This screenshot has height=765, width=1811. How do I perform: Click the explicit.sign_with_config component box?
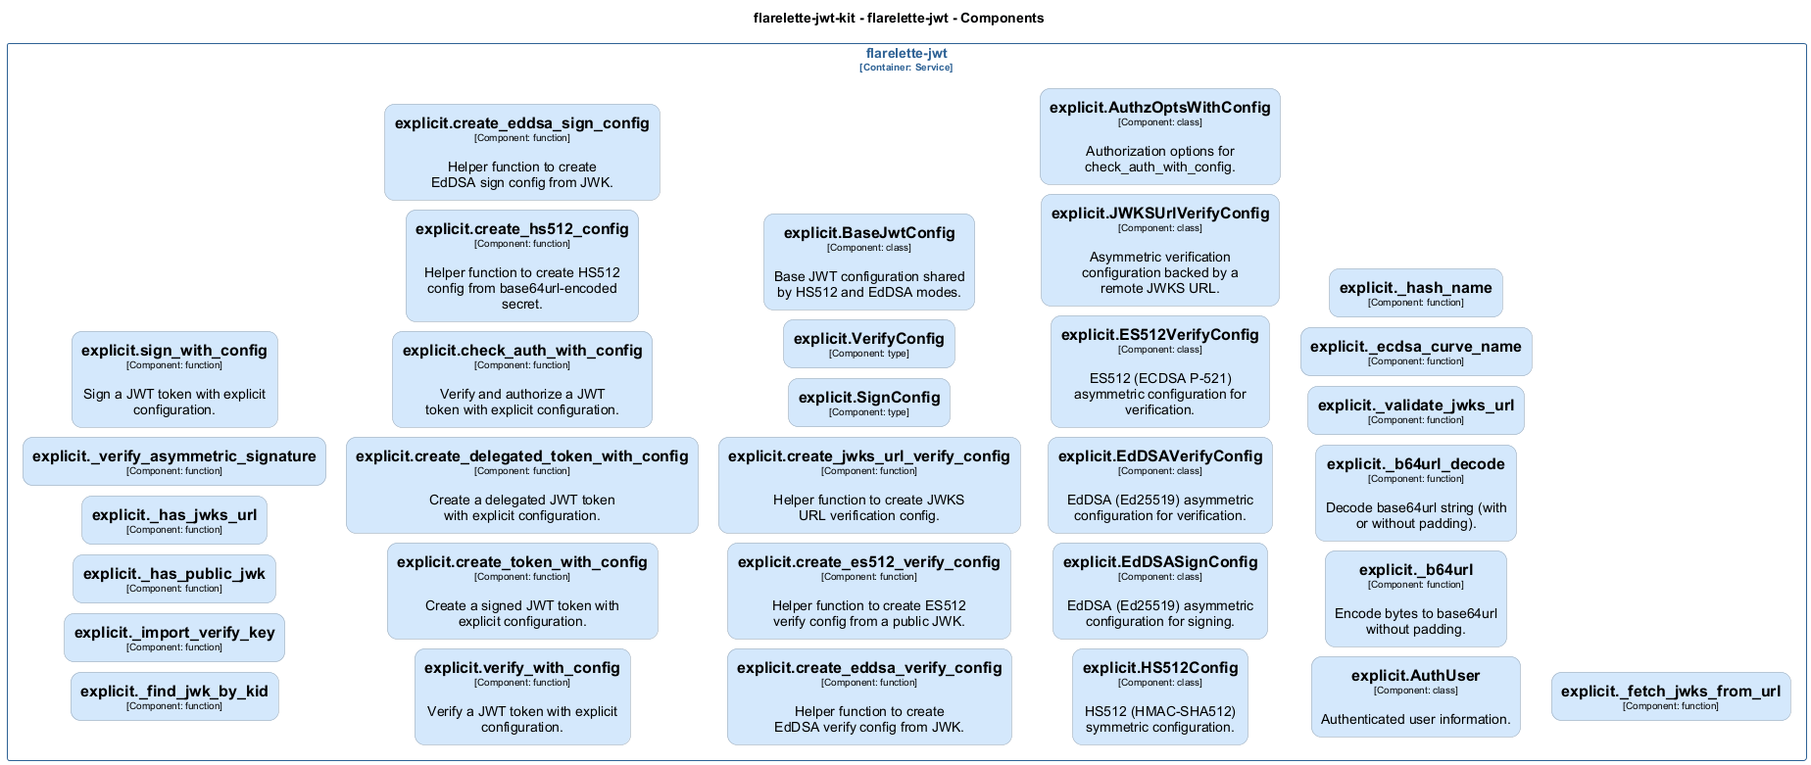174,379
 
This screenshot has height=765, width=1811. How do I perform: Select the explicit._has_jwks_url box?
174,520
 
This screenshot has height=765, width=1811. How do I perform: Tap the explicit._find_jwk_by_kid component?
174,696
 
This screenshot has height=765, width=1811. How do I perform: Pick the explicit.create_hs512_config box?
521,265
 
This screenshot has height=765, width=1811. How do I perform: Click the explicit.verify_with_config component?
521,696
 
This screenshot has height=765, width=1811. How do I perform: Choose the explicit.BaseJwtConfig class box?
869,262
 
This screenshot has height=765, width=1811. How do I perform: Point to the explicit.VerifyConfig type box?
869,344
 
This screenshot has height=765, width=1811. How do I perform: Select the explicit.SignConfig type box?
869,403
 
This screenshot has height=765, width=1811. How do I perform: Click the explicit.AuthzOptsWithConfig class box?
1159,136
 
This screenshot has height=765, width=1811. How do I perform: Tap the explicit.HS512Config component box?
1159,696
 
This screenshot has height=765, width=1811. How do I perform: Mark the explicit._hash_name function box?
1415,293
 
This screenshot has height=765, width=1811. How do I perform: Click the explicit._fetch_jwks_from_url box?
1670,696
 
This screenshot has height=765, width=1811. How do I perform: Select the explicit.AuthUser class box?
1415,696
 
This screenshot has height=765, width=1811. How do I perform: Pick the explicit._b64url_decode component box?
1415,493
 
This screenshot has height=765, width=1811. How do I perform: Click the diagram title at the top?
899,18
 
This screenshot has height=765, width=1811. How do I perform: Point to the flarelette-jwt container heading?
906,54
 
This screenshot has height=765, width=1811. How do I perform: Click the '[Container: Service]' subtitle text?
906,68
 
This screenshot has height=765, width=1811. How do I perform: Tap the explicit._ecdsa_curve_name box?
1415,352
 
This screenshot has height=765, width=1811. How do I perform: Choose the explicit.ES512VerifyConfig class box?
1159,371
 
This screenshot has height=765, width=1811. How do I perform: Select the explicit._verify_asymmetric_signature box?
174,461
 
